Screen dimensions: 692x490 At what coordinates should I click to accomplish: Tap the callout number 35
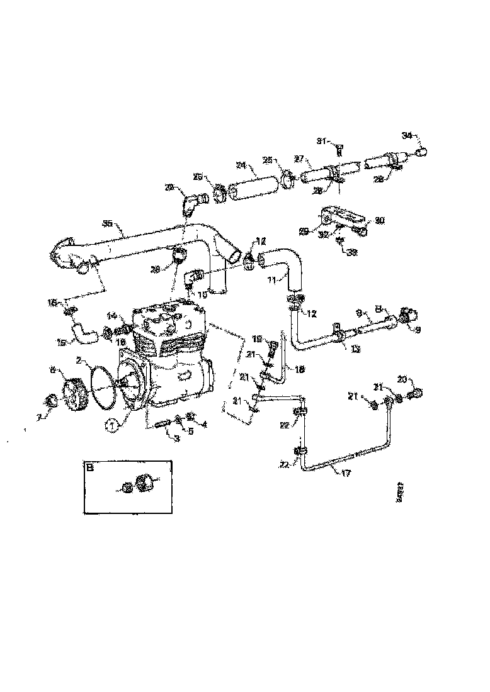[108, 223]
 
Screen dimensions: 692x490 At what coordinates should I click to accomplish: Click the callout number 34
[407, 135]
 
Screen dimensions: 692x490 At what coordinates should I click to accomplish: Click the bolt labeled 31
[338, 150]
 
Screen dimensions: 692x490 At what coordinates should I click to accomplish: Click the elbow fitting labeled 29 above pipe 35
[192, 203]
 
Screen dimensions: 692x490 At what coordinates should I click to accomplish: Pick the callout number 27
[299, 159]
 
